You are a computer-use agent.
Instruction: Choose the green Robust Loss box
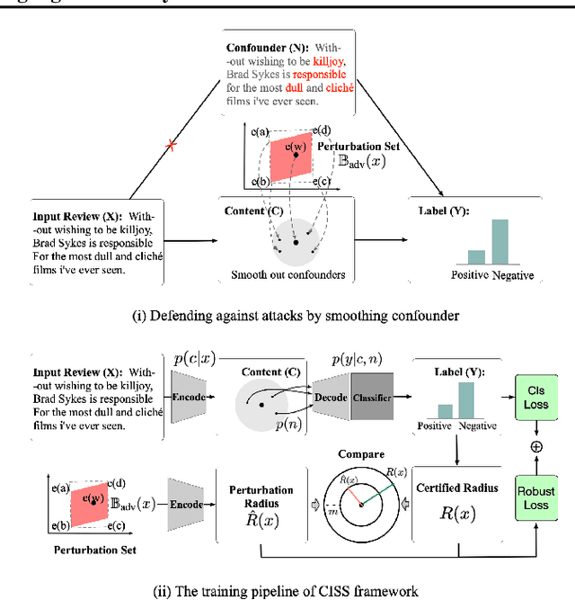coord(535,498)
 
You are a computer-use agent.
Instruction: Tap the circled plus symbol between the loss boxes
coord(535,445)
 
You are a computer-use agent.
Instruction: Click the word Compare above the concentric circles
coord(361,455)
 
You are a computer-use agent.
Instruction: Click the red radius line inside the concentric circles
coord(349,494)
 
